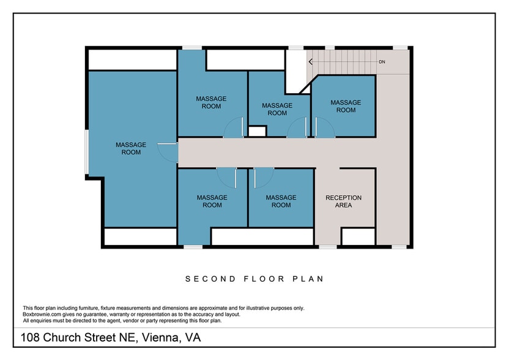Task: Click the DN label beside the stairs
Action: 382,62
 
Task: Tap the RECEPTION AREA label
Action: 343,201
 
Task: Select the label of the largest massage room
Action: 131,148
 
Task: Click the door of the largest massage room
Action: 167,151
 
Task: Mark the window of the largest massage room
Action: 86,151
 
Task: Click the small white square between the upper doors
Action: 257,131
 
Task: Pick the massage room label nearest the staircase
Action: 346,106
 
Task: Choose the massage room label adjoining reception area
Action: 281,201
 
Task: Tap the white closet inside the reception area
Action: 358,236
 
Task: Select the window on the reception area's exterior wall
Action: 327,247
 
